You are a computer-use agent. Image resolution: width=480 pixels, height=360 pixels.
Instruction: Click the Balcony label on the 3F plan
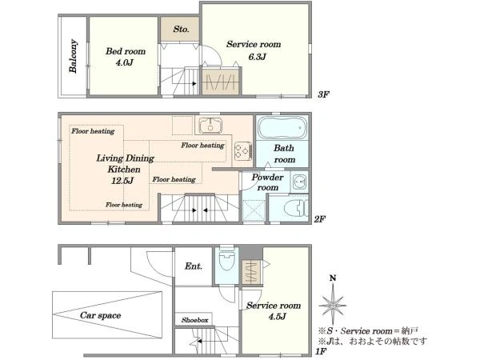[x=73, y=56]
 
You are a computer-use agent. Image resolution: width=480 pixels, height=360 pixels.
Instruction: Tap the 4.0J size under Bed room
[x=125, y=62]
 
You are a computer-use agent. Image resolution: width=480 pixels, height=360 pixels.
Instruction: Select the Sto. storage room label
[x=181, y=29]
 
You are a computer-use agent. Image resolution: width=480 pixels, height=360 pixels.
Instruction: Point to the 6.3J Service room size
[x=257, y=57]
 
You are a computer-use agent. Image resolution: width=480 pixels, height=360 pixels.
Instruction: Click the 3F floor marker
[x=323, y=94]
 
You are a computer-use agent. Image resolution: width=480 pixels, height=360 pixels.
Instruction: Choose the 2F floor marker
[x=319, y=219]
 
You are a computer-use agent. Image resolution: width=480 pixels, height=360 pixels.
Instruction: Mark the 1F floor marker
[x=321, y=351]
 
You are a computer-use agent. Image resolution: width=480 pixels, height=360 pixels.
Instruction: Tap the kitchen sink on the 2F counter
[x=210, y=126]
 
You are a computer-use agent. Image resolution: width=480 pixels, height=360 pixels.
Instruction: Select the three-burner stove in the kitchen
[x=243, y=151]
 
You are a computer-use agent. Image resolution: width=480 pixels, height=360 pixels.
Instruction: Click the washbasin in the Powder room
[x=299, y=182]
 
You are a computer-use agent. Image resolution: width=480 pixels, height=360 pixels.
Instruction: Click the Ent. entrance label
[x=194, y=266]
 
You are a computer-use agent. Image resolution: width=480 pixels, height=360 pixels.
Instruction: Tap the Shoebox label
[x=194, y=320]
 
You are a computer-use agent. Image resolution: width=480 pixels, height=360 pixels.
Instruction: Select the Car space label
[x=101, y=315]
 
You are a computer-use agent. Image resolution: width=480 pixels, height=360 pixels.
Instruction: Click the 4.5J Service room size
[x=277, y=317]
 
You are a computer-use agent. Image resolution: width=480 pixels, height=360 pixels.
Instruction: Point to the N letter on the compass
[x=333, y=278]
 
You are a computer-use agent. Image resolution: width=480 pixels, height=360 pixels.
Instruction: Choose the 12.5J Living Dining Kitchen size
[x=122, y=181]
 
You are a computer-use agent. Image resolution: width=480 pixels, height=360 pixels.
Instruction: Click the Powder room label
[x=267, y=182]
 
